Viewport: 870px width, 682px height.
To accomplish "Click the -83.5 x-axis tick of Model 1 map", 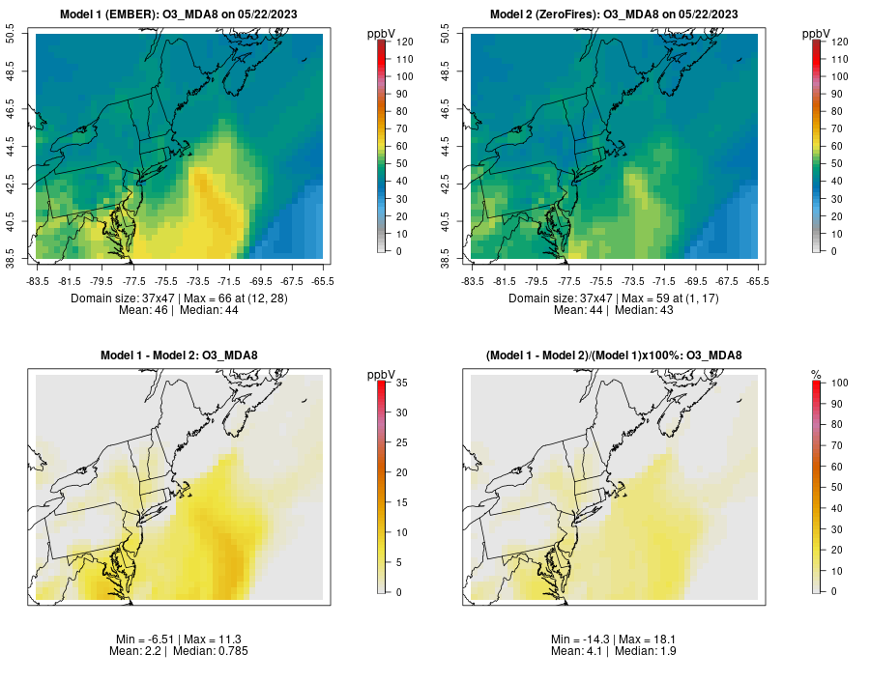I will (37, 281).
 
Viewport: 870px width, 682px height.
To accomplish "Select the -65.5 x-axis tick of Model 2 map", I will (759, 281).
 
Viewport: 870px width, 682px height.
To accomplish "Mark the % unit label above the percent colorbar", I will (816, 374).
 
